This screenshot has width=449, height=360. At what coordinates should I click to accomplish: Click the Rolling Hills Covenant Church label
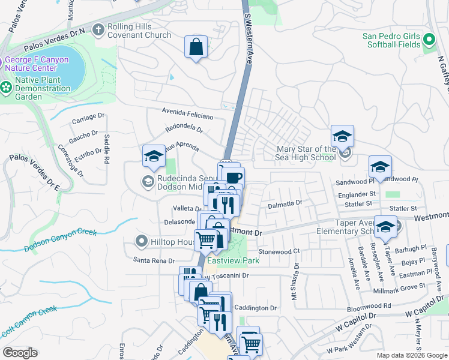pos(139,31)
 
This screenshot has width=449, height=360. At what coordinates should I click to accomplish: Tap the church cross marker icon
pos(99,29)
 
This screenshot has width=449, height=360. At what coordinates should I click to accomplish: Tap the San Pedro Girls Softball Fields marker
pos(429,40)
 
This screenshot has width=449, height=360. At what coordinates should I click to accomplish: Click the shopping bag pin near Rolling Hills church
pos(196,47)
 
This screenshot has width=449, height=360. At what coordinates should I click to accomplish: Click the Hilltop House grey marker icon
pos(142,241)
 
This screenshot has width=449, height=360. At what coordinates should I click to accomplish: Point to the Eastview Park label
pos(233,261)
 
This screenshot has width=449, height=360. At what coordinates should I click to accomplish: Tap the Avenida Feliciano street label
pos(187,113)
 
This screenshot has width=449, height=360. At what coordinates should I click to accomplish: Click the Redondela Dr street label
pos(184,129)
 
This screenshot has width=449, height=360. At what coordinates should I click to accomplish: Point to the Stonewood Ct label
pos(279,251)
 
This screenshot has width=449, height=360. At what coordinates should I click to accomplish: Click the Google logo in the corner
pos(20,353)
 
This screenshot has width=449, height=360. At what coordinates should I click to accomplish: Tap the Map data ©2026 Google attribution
pos(411,355)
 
